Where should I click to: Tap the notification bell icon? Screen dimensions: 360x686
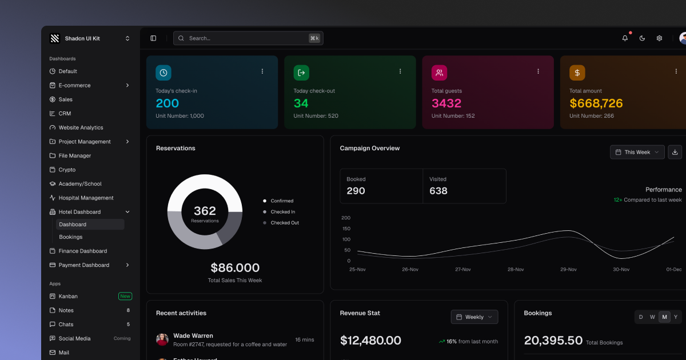pos(625,38)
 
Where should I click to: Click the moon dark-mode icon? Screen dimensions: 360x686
pos(642,38)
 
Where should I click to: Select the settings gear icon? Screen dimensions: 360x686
pos(659,38)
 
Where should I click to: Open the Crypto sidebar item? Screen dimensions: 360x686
pos(67,170)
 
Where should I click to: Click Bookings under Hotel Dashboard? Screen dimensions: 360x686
pos(71,237)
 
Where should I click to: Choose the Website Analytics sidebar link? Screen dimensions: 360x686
pos(81,127)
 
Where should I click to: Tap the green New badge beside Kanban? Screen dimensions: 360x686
pos(125,296)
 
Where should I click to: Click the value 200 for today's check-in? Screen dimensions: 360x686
pos(167,103)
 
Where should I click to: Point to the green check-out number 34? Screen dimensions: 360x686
pos(301,103)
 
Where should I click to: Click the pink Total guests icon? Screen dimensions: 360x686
pos(439,73)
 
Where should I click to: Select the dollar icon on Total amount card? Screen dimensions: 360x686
pos(577,73)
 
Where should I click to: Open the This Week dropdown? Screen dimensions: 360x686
pos(637,152)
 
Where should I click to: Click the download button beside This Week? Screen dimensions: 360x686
pos(675,152)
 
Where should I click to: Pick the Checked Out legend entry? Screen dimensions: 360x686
pos(284,223)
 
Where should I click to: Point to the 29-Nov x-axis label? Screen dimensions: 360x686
pos(568,269)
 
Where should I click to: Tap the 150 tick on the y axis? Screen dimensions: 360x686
pos(346,229)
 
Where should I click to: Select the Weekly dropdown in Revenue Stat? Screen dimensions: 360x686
pos(474,317)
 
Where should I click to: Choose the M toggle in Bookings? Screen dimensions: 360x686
pos(664,317)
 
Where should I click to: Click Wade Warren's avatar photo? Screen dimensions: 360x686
pos(162,339)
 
